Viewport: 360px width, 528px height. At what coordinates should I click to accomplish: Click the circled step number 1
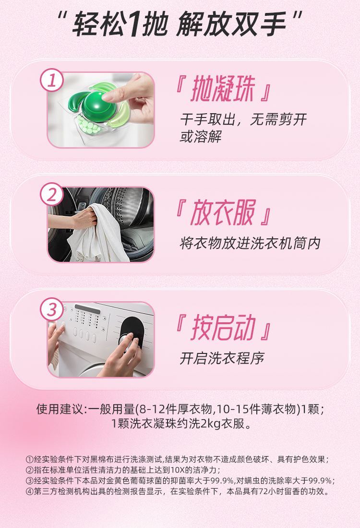point(52,80)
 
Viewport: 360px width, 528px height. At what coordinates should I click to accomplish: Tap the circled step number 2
point(52,194)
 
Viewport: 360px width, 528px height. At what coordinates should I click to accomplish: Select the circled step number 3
point(52,309)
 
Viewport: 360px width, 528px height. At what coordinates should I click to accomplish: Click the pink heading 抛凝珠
point(223,89)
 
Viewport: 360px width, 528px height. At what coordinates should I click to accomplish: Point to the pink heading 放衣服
point(223,212)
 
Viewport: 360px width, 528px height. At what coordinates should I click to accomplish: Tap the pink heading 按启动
point(223,328)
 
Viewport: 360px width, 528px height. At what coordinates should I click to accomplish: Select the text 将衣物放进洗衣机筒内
point(250,243)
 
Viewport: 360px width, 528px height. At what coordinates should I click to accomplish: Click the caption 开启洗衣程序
point(222,358)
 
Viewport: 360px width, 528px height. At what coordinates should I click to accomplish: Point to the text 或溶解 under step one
point(201,136)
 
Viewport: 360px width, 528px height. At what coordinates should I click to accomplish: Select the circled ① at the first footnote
point(29,459)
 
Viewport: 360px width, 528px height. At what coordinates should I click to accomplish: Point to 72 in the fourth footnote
point(264,491)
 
